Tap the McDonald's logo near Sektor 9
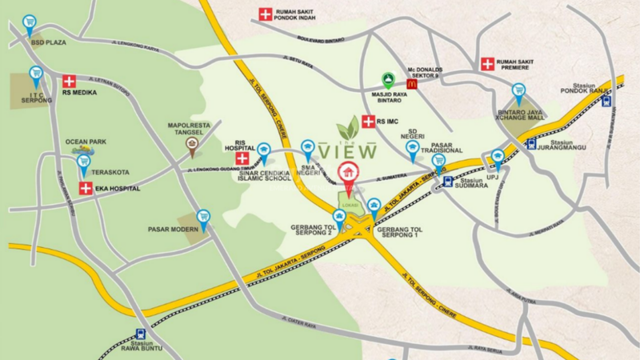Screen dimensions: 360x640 [x=412, y=82]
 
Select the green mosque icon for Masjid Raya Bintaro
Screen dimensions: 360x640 [x=387, y=79]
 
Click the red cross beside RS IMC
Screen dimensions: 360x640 [x=368, y=122]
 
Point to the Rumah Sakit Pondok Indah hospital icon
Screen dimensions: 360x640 [x=264, y=14]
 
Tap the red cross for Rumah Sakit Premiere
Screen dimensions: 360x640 [x=487, y=63]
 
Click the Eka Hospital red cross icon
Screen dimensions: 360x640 [x=86, y=189]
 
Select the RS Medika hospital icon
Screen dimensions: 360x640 [x=69, y=81]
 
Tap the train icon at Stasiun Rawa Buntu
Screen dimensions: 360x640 [x=141, y=334]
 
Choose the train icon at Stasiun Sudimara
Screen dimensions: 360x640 [x=447, y=182]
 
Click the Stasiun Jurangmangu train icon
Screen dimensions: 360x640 [x=532, y=144]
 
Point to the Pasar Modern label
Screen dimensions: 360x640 [x=172, y=230]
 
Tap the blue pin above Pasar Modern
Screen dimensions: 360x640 [x=203, y=216]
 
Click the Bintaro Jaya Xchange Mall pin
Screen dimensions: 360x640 [x=519, y=90]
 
